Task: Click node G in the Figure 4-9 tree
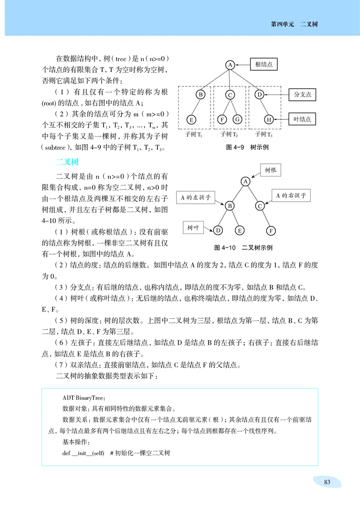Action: [238, 120]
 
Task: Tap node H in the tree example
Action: [269, 120]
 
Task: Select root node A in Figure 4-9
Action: [229, 65]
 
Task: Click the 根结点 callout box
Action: [263, 65]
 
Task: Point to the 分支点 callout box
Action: [302, 95]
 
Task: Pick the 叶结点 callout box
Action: [302, 120]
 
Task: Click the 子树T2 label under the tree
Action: [229, 135]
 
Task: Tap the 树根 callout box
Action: [270, 170]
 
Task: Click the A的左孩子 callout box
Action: [195, 197]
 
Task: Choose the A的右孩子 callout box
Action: [291, 195]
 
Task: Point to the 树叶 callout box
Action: [193, 228]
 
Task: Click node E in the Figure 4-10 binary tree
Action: [240, 230]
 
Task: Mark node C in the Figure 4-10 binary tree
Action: [260, 206]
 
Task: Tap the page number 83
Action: [327, 482]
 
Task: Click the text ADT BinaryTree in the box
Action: [84, 398]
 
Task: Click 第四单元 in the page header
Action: [282, 24]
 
